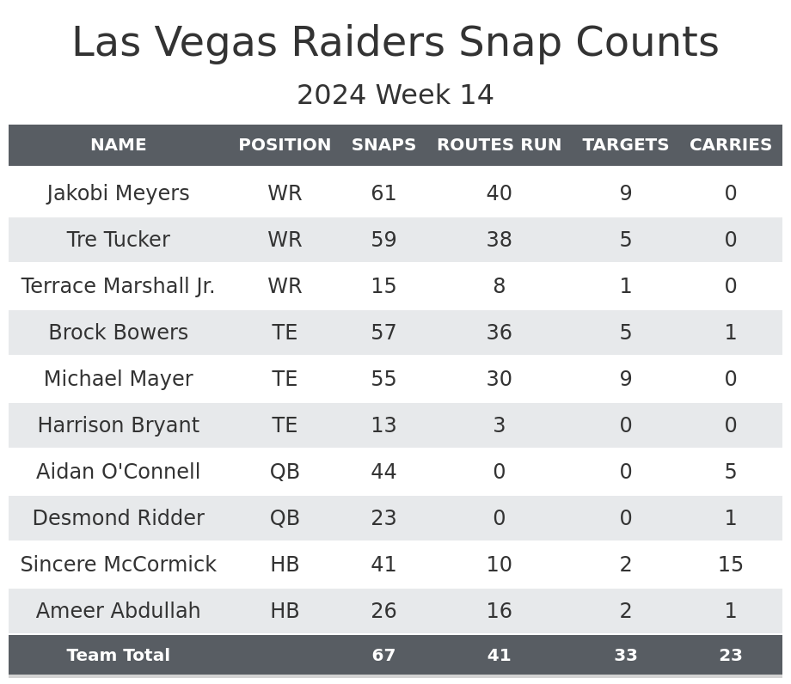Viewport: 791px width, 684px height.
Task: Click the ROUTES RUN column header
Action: [x=499, y=145]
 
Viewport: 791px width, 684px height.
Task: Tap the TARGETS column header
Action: [x=625, y=145]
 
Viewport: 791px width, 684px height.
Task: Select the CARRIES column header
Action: [x=730, y=145]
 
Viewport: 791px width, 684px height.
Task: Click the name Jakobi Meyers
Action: [x=118, y=193]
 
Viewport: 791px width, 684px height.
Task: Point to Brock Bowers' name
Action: [x=118, y=333]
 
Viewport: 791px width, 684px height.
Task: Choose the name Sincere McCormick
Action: [x=118, y=565]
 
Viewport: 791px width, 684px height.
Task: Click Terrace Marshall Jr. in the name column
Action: [x=118, y=286]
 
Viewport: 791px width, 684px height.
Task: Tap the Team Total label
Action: [x=118, y=656]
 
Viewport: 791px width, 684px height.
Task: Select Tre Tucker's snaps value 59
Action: [x=383, y=240]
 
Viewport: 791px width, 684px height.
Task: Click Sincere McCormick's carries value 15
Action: [x=730, y=565]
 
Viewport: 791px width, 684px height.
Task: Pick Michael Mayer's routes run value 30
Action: [x=499, y=379]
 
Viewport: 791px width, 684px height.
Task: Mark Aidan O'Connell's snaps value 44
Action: [x=383, y=472]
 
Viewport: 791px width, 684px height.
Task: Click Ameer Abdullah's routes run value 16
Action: [x=499, y=611]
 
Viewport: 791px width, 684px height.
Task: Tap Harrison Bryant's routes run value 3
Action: [x=499, y=425]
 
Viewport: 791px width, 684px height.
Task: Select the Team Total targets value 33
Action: [x=625, y=656]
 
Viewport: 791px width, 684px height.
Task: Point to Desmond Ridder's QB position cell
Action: [x=285, y=518]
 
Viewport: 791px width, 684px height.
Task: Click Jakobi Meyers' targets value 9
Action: [x=625, y=193]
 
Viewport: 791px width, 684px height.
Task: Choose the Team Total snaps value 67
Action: [x=383, y=656]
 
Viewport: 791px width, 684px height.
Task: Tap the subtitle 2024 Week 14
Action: [x=395, y=95]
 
